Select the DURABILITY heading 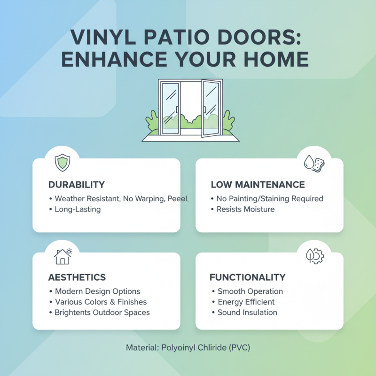point(76,185)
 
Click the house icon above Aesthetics point(63,256)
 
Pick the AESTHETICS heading point(77,277)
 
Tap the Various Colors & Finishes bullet point(101,302)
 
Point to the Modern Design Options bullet point(97,291)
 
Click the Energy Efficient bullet point(246,302)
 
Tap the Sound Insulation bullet point(247,312)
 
